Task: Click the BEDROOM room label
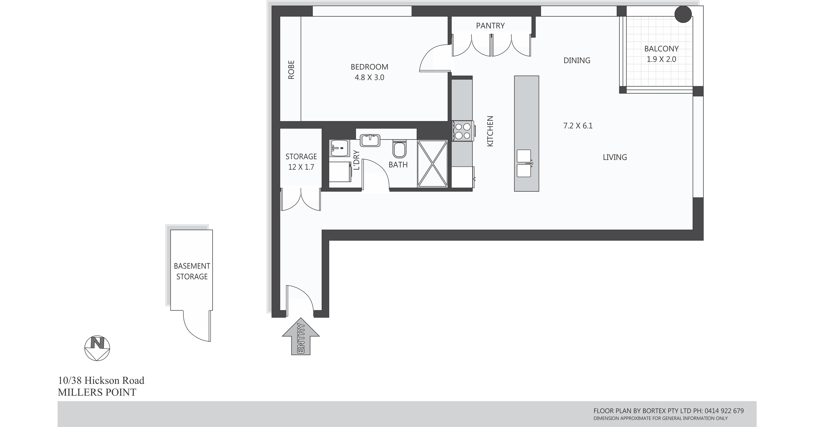click(369, 67)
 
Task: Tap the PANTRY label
click(490, 26)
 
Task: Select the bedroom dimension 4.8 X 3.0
click(369, 77)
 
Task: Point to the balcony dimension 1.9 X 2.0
click(661, 59)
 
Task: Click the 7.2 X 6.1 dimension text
click(578, 126)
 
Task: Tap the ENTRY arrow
click(300, 336)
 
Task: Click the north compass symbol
click(97, 348)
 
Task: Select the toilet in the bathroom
click(399, 149)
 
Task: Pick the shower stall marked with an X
click(432, 164)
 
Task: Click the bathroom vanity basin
click(370, 140)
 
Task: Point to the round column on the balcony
click(683, 14)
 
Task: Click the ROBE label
click(291, 70)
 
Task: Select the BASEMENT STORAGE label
click(192, 271)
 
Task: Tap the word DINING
click(577, 60)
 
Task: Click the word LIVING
click(615, 157)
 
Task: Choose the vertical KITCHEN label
click(490, 131)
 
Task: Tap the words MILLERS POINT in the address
click(97, 392)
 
